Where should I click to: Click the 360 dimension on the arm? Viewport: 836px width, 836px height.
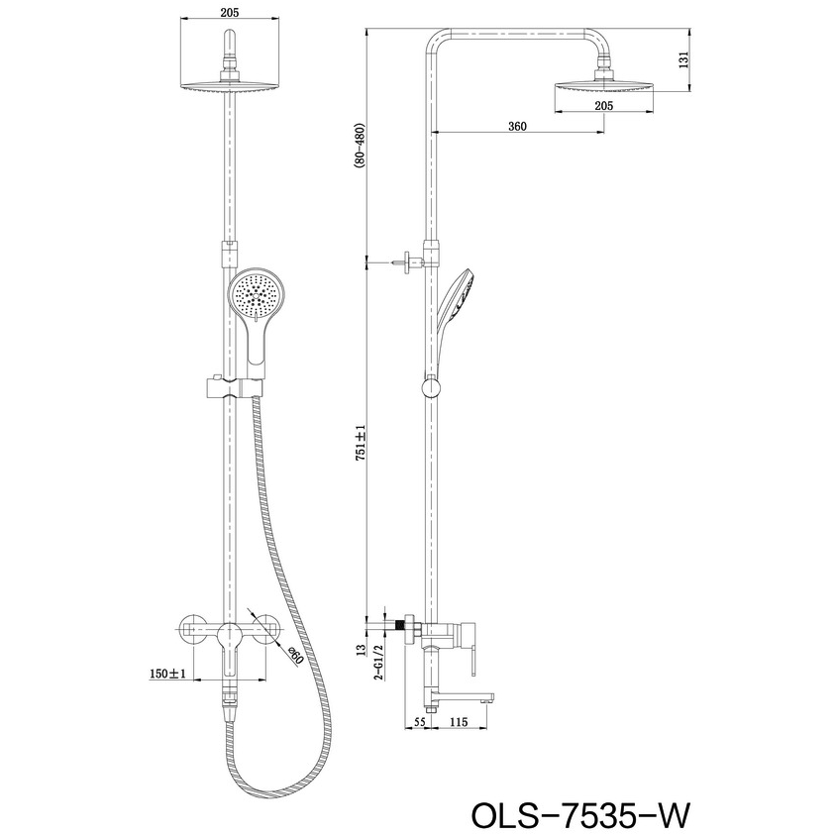pos(516,126)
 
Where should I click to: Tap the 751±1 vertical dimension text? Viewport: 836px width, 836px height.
pos(363,442)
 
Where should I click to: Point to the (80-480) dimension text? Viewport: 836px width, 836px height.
pos(363,149)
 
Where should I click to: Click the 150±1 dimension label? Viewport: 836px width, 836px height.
pos(167,674)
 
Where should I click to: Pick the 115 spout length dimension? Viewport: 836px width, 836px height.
pos(458,724)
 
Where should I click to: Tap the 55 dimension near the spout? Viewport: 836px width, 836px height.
pos(418,724)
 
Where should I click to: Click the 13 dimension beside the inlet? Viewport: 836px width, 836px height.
pos(363,650)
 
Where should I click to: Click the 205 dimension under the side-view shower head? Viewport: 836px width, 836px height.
pos(602,105)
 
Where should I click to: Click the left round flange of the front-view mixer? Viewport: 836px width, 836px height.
pos(192,629)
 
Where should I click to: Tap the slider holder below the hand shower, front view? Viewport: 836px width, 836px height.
pos(228,386)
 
